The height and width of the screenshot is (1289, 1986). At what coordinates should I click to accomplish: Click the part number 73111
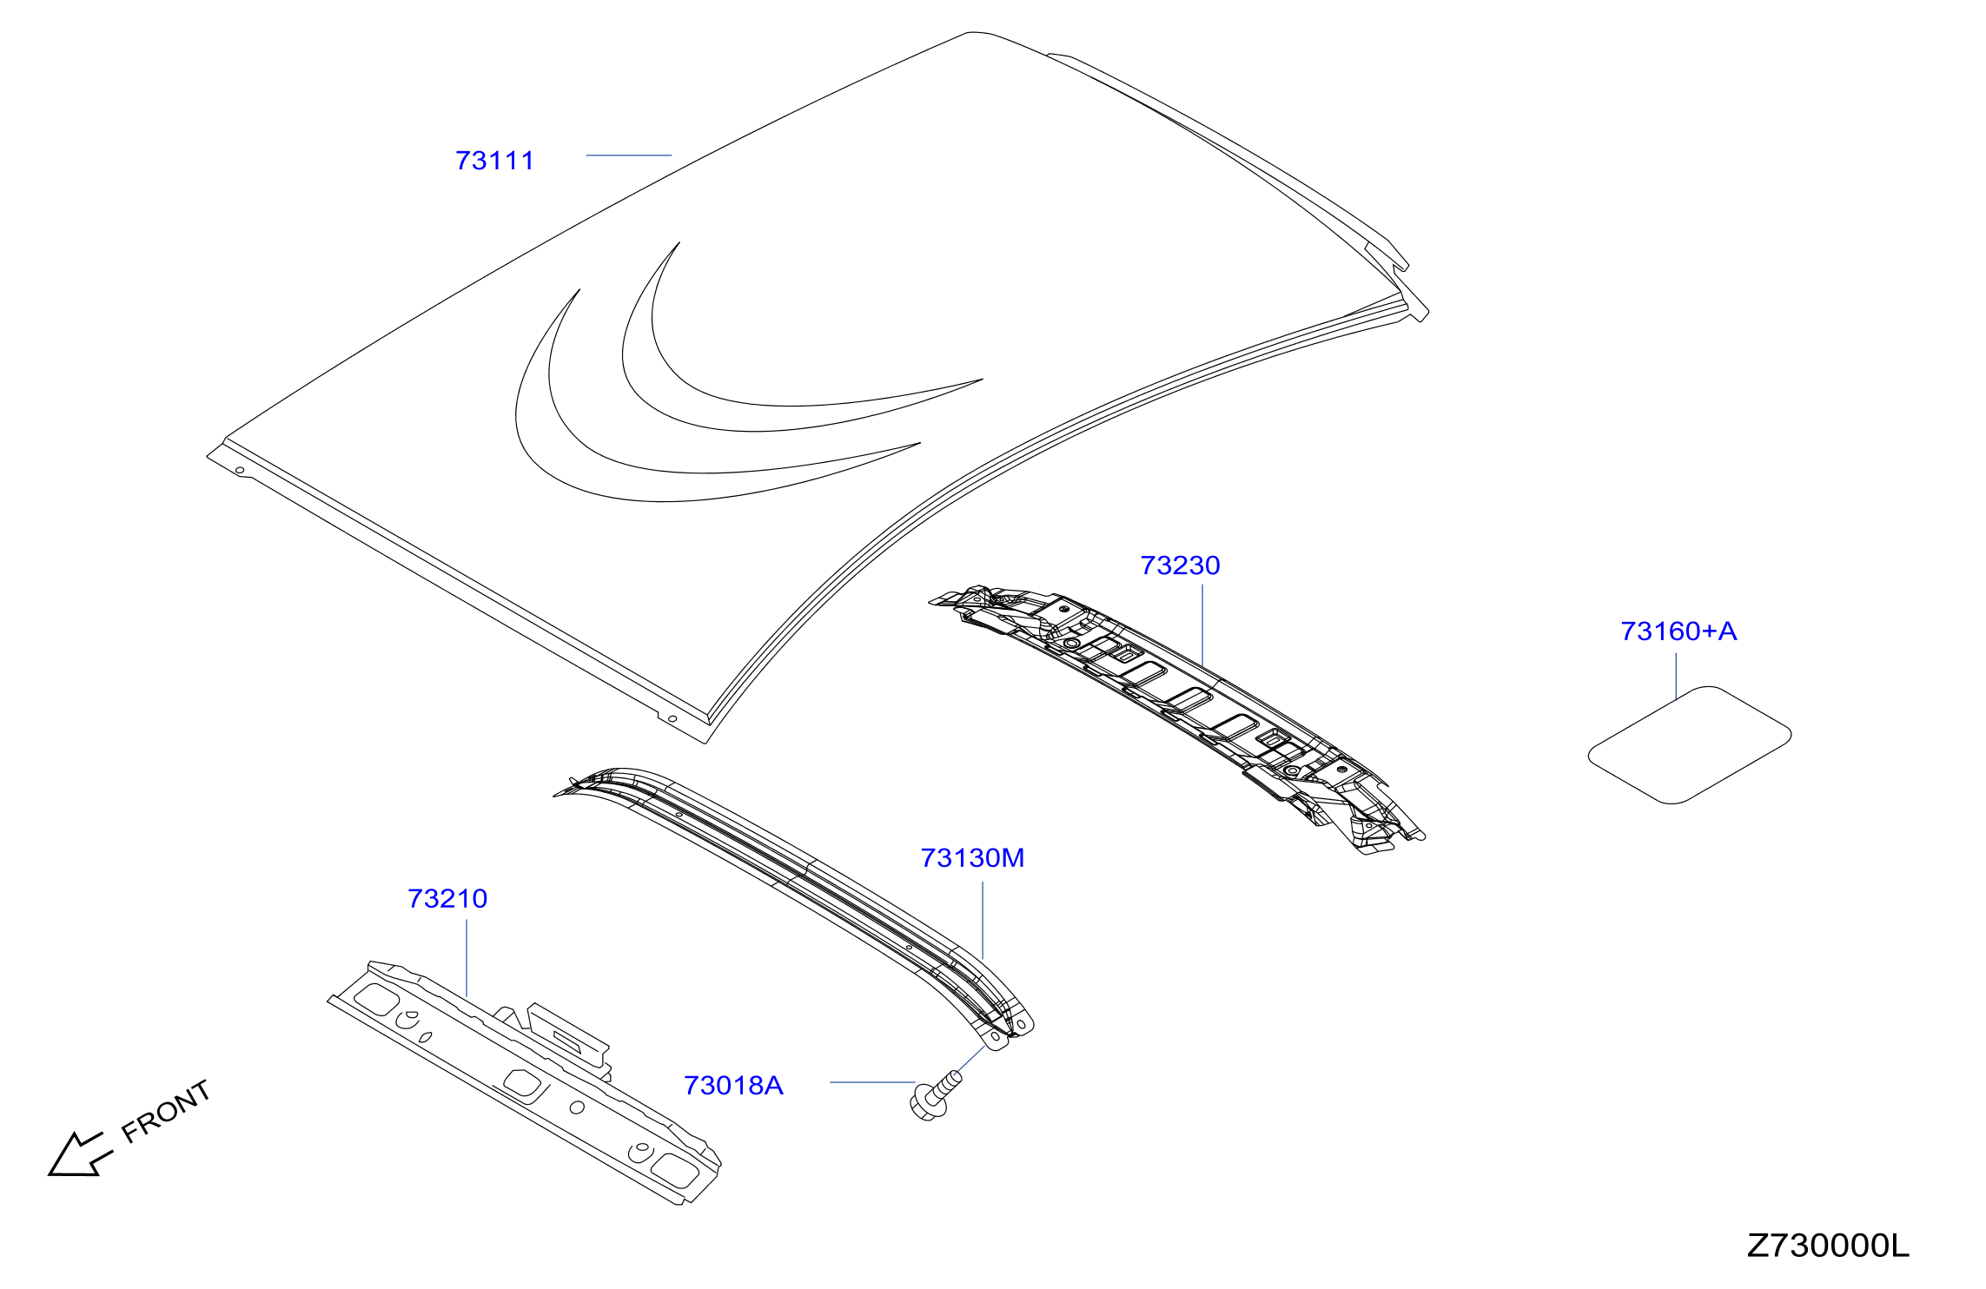494,161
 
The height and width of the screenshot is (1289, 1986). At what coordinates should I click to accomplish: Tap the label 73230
1180,565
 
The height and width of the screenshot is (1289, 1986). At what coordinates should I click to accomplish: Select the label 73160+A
1678,631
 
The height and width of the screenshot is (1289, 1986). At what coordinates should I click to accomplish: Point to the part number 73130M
972,858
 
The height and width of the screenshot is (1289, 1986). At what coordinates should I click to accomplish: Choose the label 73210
447,898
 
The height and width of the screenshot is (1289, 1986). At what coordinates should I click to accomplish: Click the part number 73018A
733,1086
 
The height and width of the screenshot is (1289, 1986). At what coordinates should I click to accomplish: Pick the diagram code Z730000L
1828,1246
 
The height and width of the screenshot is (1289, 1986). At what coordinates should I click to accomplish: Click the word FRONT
166,1111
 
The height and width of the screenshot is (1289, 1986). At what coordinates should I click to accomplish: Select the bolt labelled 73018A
935,1096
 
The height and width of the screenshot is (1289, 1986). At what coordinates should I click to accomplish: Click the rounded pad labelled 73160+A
1689,745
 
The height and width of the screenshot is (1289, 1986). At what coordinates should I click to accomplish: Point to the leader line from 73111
629,155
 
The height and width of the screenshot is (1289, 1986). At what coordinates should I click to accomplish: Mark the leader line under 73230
1202,625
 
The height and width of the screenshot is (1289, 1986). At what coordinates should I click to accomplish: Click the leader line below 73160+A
1676,677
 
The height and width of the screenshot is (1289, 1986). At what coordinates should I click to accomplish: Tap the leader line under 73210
467,958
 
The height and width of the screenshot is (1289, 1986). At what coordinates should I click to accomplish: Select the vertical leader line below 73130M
983,921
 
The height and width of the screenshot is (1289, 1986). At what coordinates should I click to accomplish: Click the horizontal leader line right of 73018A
872,1082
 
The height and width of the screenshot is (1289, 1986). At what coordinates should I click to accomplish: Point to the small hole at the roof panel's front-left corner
240,471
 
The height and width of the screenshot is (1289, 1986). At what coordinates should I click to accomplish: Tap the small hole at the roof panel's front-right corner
672,718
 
